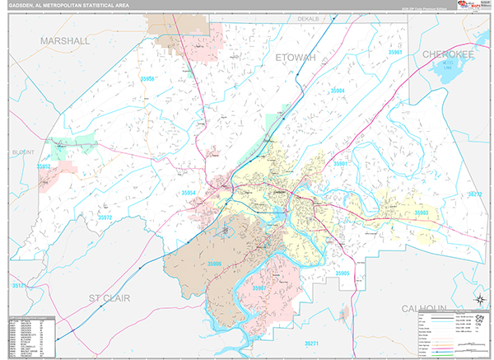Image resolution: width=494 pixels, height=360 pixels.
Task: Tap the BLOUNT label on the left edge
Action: (x=21, y=152)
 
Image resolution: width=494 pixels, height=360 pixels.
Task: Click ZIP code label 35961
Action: (x=396, y=52)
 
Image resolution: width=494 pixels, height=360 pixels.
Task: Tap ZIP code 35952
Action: (x=44, y=166)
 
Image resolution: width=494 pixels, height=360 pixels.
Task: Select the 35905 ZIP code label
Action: (x=343, y=272)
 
